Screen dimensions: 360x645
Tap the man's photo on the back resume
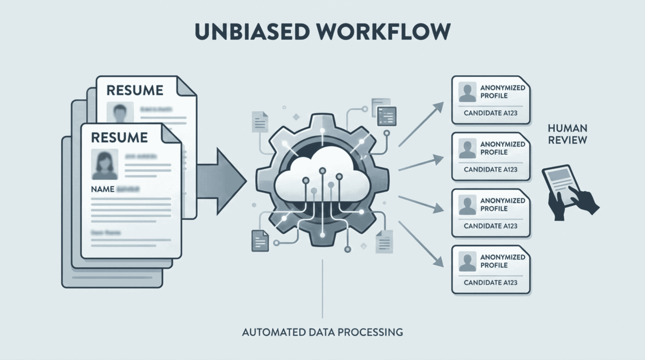pos(119,112)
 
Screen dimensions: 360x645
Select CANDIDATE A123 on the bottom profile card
pos(490,283)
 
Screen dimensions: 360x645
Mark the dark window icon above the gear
pos(387,115)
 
